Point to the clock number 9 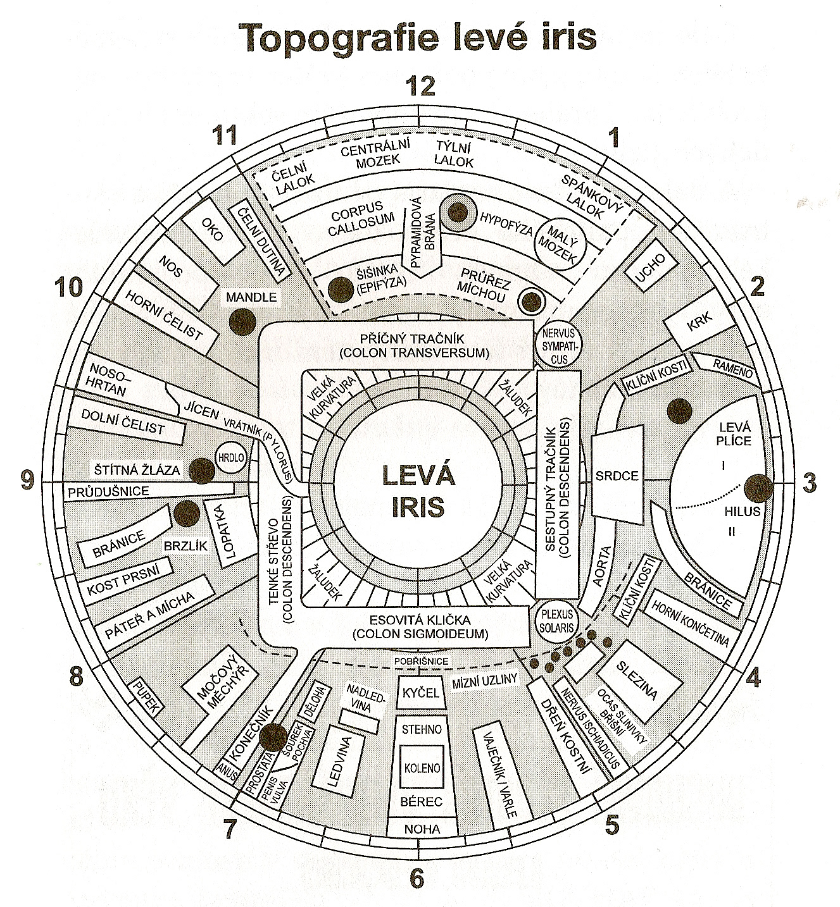(27, 481)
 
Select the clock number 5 (611, 824)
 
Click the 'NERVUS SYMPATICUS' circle (555, 345)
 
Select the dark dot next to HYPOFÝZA (457, 212)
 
